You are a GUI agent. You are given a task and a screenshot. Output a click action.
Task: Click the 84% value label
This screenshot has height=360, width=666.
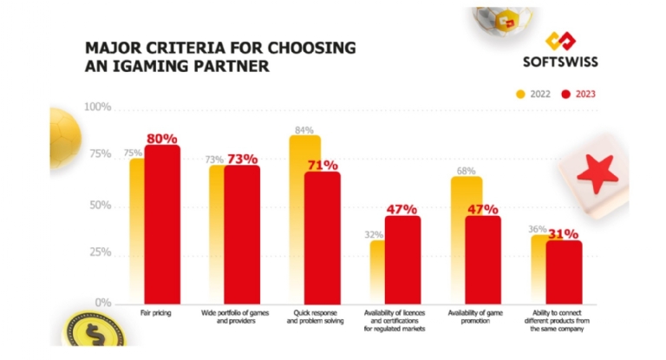pyautogui.click(x=304, y=130)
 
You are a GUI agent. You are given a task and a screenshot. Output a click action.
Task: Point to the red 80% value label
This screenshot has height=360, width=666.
pyautogui.click(x=162, y=138)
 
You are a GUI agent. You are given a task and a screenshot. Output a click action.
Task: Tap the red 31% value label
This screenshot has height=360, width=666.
pyautogui.click(x=563, y=233)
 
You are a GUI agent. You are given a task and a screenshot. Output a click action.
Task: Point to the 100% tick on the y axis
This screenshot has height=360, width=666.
pyautogui.click(x=97, y=107)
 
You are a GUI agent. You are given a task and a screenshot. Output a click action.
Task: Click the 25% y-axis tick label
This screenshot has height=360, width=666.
pyautogui.click(x=101, y=252)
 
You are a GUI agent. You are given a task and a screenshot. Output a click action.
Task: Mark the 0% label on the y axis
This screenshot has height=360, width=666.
pyautogui.click(x=104, y=302)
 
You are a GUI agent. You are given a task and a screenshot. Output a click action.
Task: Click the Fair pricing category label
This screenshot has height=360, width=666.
pyautogui.click(x=153, y=311)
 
